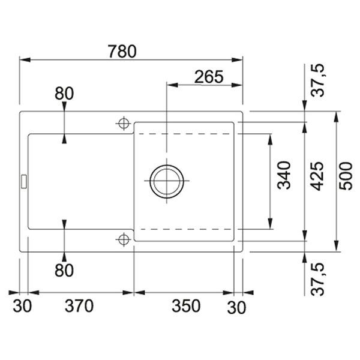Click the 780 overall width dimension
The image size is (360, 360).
[122, 52]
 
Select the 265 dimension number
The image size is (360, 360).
[209, 77]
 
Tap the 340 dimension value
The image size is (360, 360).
[284, 175]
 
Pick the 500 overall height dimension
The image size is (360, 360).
[346, 176]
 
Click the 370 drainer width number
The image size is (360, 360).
[79, 306]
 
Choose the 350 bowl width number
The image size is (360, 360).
[186, 306]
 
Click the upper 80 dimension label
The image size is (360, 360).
[64, 94]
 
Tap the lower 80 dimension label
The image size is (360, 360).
[64, 270]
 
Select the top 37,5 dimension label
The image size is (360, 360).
[317, 80]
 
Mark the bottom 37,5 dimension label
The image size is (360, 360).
[317, 280]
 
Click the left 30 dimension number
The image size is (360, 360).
[22, 306]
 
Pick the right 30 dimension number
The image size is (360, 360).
[236, 308]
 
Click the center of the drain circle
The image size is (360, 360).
[167, 181]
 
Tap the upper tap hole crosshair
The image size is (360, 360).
[124, 124]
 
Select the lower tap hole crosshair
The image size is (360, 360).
[124, 239]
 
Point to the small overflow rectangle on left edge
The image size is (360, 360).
[24, 182]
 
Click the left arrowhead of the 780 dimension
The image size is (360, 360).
[25, 60]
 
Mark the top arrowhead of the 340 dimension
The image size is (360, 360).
[270, 140]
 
